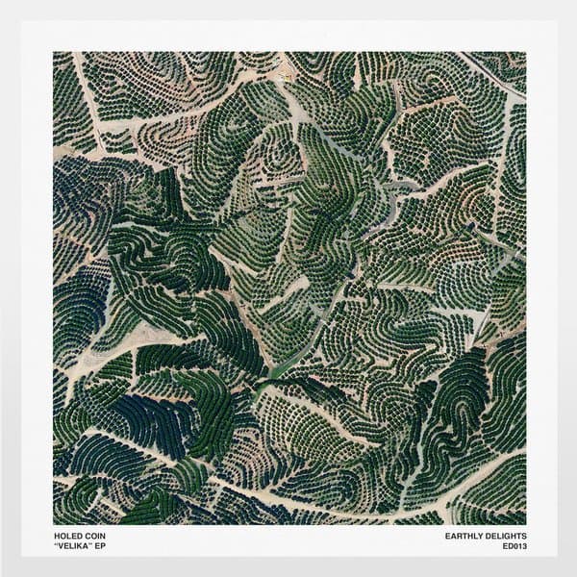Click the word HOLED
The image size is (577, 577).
point(67,537)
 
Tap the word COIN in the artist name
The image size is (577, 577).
point(93,537)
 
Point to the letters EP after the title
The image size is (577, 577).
point(99,547)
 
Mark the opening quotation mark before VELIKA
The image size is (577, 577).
point(55,545)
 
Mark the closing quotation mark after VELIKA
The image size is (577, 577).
point(90,545)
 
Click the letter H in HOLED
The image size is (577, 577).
point(56,537)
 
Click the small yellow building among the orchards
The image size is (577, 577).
point(285,69)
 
